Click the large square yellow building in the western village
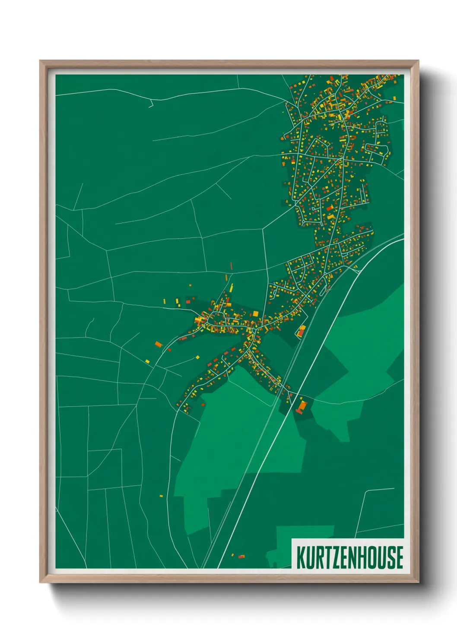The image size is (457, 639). click(x=255, y=313)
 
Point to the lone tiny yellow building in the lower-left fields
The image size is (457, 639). click(x=161, y=496)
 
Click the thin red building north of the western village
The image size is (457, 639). click(x=232, y=266)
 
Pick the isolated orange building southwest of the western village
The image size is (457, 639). click(x=158, y=344)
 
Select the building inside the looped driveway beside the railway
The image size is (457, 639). click(x=301, y=332)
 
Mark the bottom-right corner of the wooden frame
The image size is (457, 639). click(x=418, y=582)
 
